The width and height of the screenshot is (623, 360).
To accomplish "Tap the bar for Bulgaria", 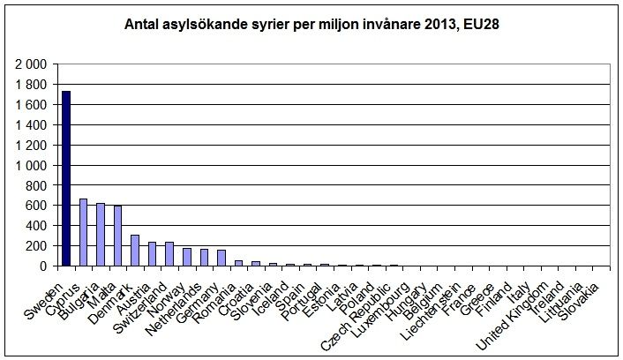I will (101, 235).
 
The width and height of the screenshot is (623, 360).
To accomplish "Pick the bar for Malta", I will (117, 236).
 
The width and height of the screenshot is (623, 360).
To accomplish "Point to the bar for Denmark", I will (135, 251).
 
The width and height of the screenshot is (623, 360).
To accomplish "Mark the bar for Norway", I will (186, 257).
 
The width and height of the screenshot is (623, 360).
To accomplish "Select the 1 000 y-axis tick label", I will (34, 165).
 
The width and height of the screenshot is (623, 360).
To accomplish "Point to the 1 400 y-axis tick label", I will (34, 125).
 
